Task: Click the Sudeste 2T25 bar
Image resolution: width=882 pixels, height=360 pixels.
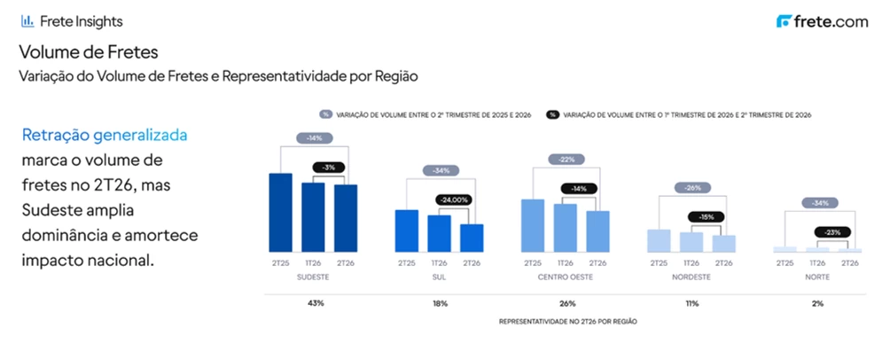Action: pos(281,213)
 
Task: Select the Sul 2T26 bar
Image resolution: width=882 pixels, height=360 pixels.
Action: pos(472,238)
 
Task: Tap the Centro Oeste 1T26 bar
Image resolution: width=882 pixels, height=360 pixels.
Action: pos(566,228)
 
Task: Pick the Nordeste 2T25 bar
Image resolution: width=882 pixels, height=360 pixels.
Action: pos(659,241)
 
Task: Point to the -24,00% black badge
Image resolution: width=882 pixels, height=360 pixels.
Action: pos(453,200)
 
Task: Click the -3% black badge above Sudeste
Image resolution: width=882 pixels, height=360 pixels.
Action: pos(328,167)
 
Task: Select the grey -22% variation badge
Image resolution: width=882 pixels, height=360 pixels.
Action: pos(566,160)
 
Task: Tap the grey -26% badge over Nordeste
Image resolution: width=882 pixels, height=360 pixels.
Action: pos(692,188)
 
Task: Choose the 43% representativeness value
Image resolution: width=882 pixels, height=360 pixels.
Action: pos(316,304)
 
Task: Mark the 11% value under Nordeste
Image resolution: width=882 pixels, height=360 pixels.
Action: pos(692,304)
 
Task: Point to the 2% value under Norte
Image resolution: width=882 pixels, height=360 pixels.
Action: pos(817,304)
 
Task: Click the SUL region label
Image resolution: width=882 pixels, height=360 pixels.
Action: pos(440,278)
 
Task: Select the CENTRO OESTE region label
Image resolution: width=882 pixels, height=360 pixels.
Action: pos(566,278)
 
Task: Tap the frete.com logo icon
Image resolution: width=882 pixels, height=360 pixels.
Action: pos(784,22)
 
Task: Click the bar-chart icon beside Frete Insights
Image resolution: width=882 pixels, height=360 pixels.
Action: pos(27,21)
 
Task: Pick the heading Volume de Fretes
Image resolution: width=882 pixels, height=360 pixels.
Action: pos(89,52)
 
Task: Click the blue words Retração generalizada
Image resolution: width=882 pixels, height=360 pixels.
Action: pos(105,137)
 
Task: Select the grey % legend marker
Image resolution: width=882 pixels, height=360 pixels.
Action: pos(325,114)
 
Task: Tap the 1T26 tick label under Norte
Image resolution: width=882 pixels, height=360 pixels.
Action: pos(817,263)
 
